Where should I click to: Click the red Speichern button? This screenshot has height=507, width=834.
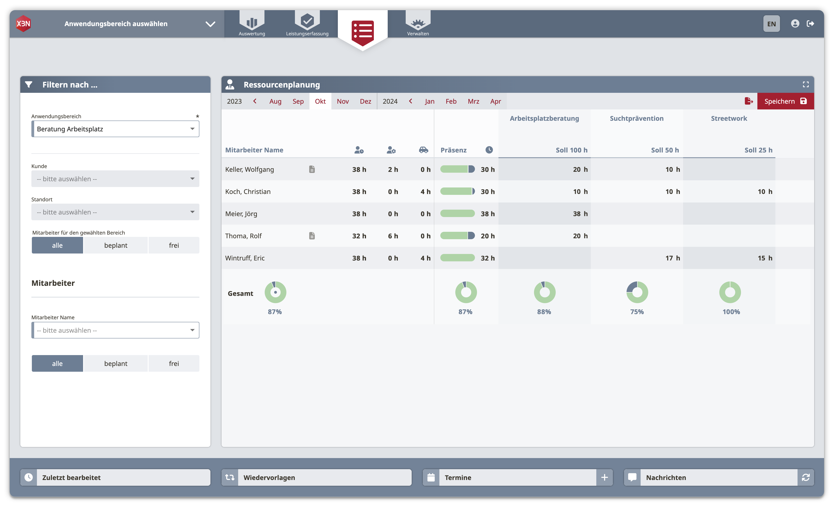click(785, 101)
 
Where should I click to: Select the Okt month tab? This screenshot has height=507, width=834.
click(320, 101)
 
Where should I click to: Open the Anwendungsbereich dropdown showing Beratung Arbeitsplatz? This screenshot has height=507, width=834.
click(115, 129)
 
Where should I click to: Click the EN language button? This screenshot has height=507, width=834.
click(771, 24)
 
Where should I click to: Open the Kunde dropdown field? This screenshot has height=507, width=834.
click(115, 179)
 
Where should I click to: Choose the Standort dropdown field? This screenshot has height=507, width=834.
click(115, 212)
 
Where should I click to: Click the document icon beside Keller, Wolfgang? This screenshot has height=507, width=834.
click(312, 169)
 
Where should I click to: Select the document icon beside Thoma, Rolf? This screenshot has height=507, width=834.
click(312, 236)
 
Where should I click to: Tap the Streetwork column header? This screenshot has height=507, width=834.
click(729, 118)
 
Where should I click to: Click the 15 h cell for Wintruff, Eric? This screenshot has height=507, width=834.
click(765, 258)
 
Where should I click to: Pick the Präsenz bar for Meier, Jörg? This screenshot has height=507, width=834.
click(457, 213)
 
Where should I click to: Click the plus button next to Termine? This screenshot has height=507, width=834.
click(605, 477)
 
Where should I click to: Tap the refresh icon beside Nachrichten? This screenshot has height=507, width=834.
click(806, 477)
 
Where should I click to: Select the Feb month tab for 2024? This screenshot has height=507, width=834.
click(451, 101)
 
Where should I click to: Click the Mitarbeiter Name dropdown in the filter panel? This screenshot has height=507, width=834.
click(115, 330)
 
